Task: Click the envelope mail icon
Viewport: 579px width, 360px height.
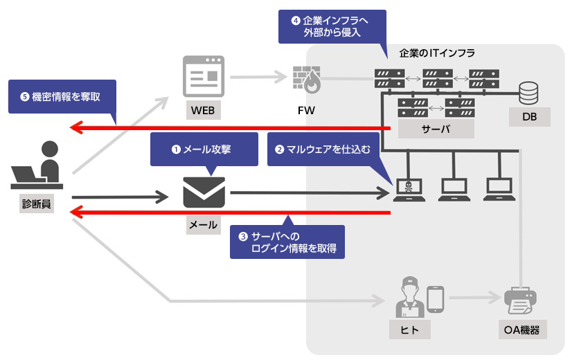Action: [204, 193]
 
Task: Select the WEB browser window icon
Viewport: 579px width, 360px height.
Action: [204, 77]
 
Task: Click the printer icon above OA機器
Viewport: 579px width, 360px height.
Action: [522, 300]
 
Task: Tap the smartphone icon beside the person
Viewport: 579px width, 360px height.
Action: [435, 298]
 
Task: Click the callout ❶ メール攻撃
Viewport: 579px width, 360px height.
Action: [204, 148]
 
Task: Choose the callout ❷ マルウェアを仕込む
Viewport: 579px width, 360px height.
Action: [323, 148]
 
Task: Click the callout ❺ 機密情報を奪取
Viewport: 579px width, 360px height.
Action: [62, 96]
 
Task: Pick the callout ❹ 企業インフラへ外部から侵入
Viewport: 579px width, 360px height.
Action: [332, 26]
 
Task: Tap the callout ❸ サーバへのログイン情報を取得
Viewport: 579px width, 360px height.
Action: [287, 243]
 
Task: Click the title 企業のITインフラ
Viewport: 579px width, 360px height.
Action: [437, 53]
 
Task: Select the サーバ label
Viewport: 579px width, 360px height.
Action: [436, 129]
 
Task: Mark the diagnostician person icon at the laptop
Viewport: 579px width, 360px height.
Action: [39, 167]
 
